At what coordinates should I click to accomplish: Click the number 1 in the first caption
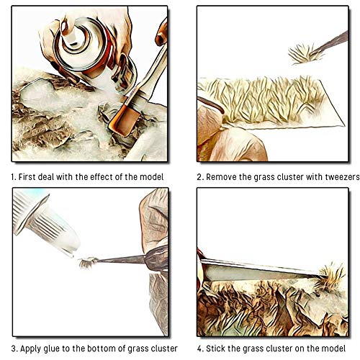click(13, 176)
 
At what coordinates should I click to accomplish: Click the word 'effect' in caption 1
click(98, 176)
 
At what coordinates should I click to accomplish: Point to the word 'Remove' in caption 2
click(224, 176)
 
